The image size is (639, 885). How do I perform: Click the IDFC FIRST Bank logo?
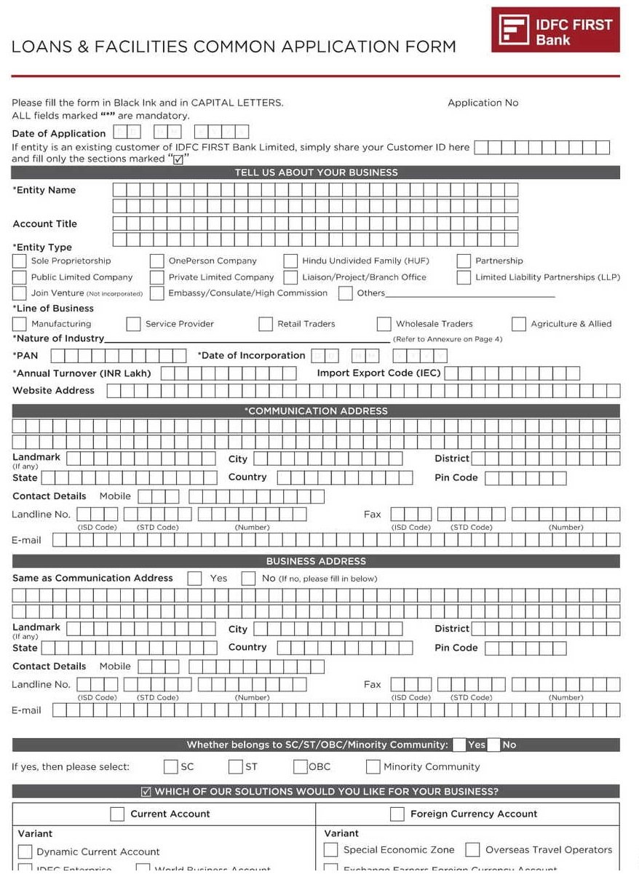555,30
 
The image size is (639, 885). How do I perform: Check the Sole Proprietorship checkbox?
20,261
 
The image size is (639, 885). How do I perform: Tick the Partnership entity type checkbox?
464,261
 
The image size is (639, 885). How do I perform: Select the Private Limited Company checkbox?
156,277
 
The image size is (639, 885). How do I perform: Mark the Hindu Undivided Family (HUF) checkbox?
290,261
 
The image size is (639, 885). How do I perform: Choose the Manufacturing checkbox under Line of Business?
20,324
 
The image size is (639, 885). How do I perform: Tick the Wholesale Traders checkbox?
384,324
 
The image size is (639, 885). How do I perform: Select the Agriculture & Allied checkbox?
518,324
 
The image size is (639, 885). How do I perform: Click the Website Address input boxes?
363,391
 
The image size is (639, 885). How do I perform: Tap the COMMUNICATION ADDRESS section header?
316,411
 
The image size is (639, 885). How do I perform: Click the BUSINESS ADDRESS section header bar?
316,561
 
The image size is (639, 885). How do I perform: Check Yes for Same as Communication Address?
194,579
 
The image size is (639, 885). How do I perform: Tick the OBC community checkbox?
301,766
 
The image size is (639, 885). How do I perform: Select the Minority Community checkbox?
373,766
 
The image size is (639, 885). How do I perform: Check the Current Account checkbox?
117,814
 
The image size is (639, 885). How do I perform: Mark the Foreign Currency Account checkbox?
397,814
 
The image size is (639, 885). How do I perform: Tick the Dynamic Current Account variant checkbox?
25,852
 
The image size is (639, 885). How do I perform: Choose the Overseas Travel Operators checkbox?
472,850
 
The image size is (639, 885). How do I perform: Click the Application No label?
483,103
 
